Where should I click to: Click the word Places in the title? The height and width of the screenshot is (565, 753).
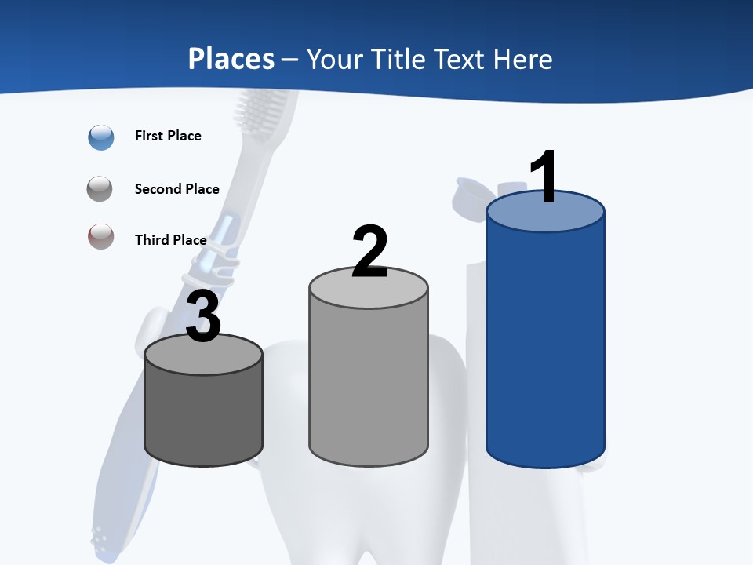(231, 59)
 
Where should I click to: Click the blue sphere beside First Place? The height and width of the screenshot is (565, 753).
(101, 137)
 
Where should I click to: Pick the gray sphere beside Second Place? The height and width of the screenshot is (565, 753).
(101, 189)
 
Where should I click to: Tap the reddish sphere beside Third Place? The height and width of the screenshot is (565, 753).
(101, 236)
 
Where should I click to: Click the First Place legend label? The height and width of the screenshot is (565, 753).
(168, 136)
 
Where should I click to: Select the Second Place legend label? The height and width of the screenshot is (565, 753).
(176, 189)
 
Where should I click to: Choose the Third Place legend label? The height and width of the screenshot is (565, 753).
(170, 240)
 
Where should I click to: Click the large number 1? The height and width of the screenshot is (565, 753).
(544, 177)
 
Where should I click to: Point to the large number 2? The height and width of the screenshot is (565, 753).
(369, 251)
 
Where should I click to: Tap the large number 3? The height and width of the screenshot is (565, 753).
(203, 316)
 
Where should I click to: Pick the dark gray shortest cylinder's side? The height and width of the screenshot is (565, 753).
(203, 416)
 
